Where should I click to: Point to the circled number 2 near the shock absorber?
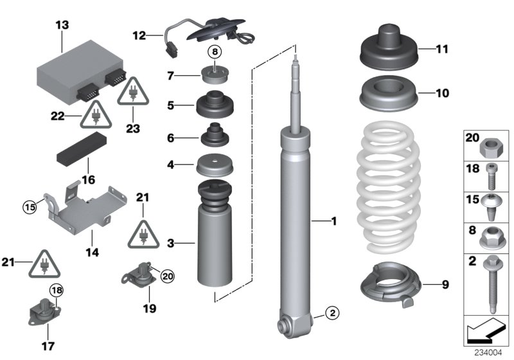(331, 314)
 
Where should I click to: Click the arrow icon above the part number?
(487, 333)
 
